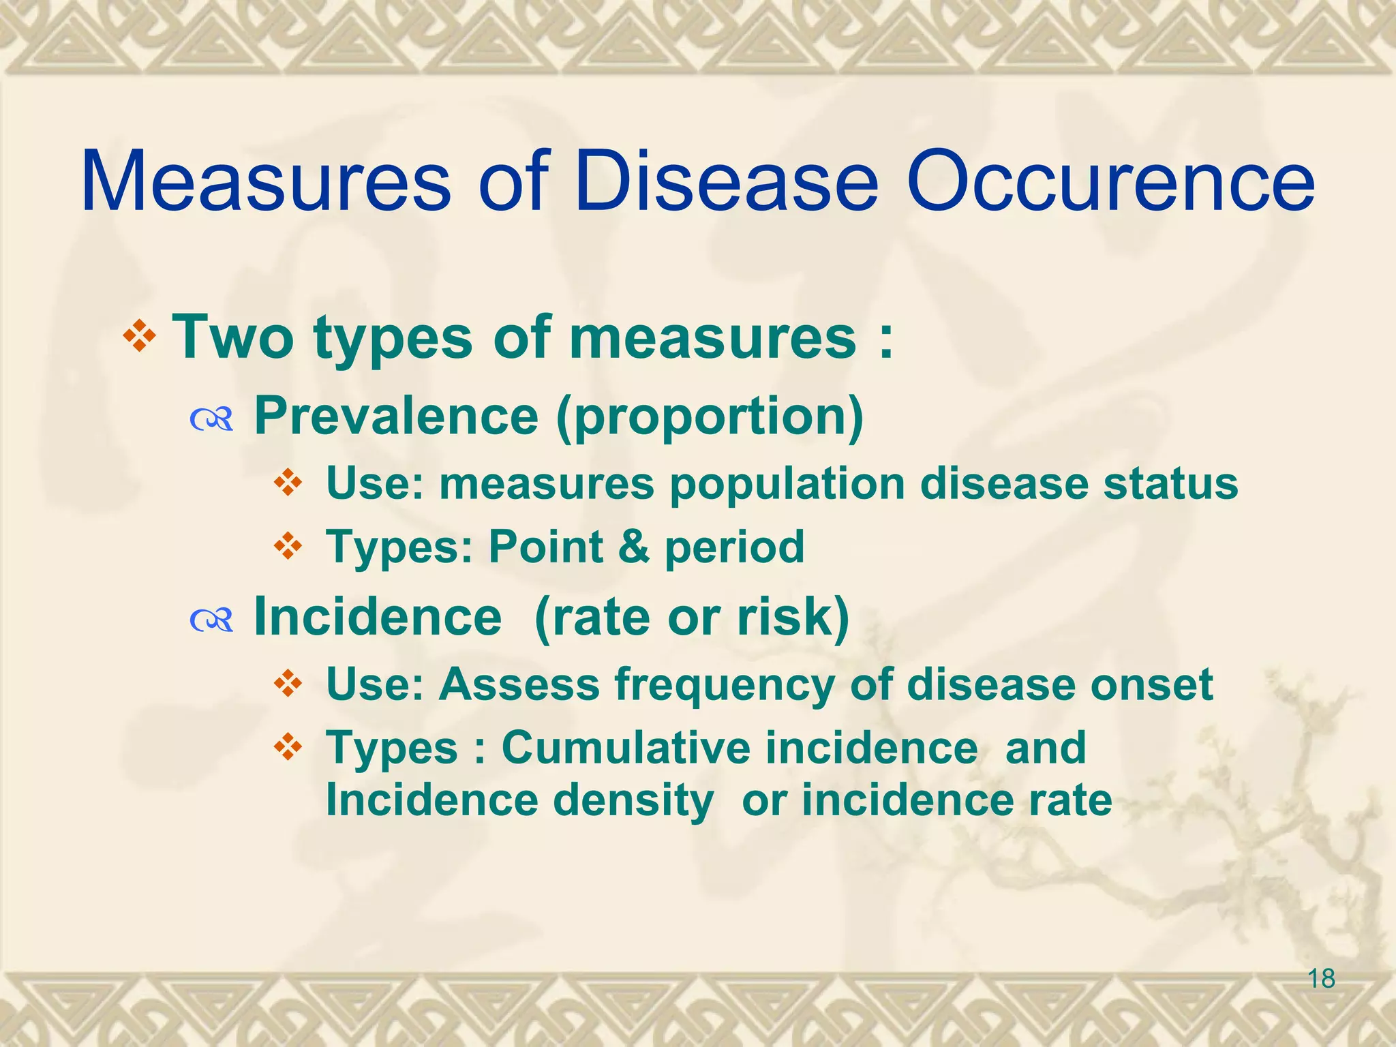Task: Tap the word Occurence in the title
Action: [1110, 183]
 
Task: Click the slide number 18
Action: [1321, 979]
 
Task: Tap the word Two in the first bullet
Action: [232, 337]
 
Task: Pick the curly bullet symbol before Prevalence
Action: [212, 421]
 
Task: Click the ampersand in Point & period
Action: [634, 547]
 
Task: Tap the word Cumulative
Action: [624, 748]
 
